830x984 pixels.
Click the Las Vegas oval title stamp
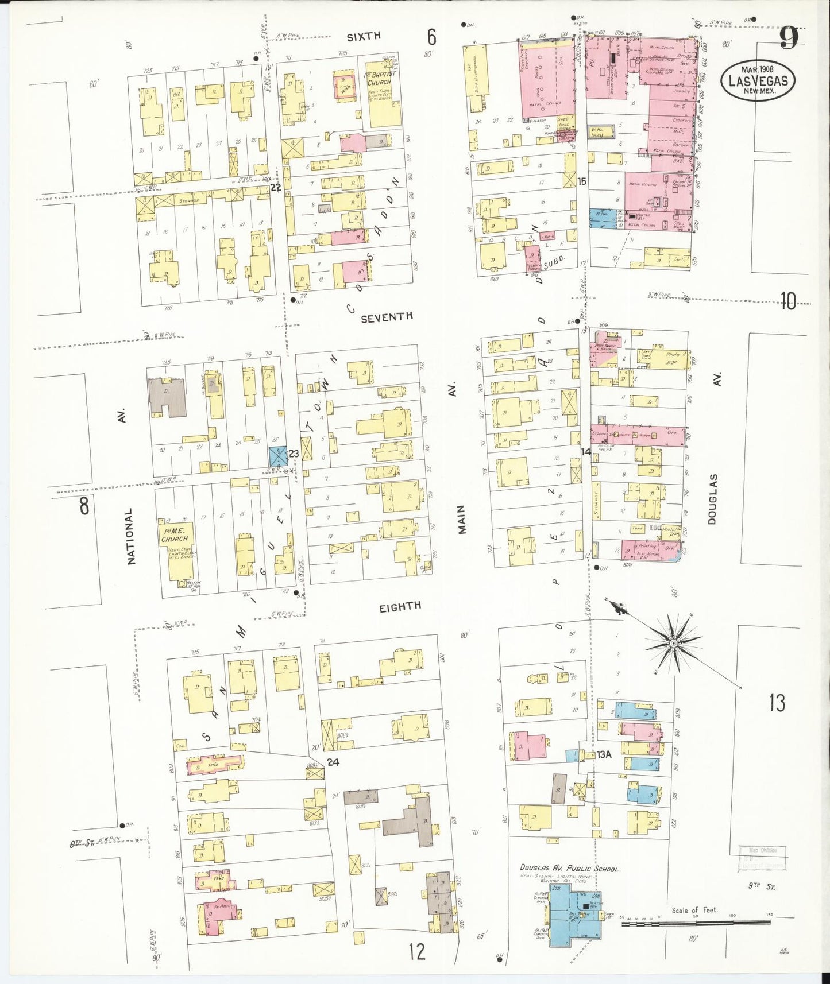(x=758, y=81)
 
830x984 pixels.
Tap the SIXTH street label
(x=363, y=36)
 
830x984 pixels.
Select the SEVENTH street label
(x=386, y=316)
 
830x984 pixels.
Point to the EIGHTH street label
(x=400, y=606)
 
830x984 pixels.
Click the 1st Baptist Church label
(x=379, y=79)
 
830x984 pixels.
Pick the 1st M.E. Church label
(x=174, y=535)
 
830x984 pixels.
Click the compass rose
(x=673, y=643)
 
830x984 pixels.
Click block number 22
(x=276, y=187)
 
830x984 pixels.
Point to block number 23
(x=294, y=454)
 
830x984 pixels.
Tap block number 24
(x=333, y=762)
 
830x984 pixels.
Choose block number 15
(x=582, y=181)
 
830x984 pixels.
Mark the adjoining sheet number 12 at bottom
(x=417, y=951)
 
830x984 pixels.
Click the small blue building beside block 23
(x=278, y=457)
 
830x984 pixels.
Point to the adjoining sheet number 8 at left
(x=84, y=506)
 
